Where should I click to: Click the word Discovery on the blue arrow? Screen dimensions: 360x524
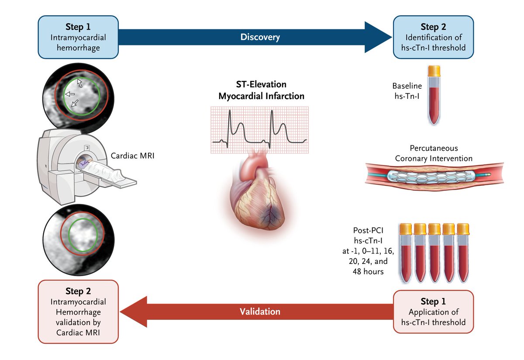tap(260, 38)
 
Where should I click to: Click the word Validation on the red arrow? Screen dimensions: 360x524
tap(260, 312)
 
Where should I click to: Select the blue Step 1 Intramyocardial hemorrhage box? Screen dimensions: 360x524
tap(79, 37)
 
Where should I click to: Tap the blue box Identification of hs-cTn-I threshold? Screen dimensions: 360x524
tap(433, 37)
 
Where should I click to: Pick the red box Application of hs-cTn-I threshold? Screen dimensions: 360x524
tap(433, 312)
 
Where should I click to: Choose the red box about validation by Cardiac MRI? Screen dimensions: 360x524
tap(79, 312)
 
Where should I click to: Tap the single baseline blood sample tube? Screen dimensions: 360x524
tap(434, 94)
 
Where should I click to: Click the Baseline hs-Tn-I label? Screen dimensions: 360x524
tap(407, 90)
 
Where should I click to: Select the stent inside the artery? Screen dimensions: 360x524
tap(432, 176)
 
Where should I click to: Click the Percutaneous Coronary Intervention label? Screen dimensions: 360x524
tap(434, 153)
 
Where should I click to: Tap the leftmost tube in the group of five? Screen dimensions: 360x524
tap(406, 253)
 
